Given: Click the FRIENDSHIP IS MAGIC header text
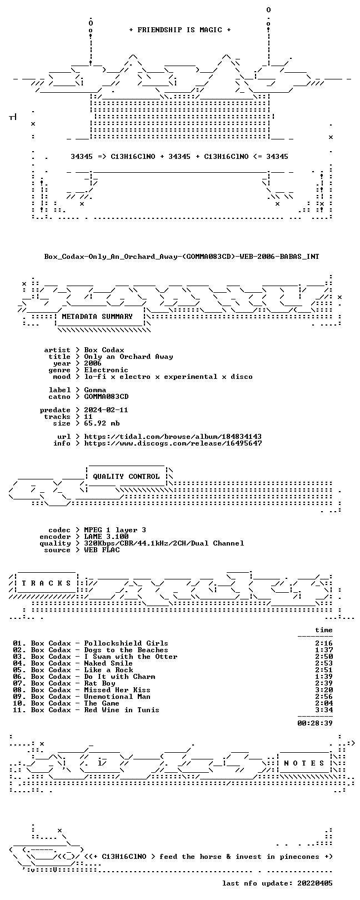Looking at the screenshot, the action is pos(180,30).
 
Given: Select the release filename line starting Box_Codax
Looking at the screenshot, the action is pos(182,256).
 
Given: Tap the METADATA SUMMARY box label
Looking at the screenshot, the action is pos(97,317).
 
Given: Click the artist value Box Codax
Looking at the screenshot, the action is pos(104,350).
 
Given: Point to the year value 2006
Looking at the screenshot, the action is pos(93,363).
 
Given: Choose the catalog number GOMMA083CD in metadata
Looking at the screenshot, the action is pos(106,397).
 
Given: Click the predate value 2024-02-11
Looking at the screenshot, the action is pos(106,410).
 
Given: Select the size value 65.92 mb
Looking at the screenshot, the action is pos(102,423).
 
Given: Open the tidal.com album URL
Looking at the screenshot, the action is pos(173,436).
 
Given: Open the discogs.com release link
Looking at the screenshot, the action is pos(173,443).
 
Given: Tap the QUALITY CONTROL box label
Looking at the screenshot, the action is pos(126,477).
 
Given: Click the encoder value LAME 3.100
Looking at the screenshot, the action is pos(106,536).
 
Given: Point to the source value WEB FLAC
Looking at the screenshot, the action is pos(102,549).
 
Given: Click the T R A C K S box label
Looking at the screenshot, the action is pos(46,583).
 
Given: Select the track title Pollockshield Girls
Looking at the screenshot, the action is pos(126,643).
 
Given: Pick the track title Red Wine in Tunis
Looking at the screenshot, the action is pos(122,710).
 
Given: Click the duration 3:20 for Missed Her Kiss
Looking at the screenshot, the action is pos(324,690).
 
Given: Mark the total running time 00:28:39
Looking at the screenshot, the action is pos(315,723).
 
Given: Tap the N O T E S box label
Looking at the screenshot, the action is pos(304,763).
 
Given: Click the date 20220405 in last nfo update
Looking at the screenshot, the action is pos(315,883).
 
